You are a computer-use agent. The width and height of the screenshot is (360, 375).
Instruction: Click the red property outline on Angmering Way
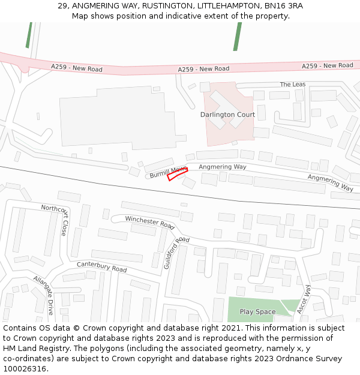pyautogui.click(x=177, y=175)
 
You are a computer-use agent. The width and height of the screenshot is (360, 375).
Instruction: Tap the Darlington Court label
pyautogui.click(x=227, y=115)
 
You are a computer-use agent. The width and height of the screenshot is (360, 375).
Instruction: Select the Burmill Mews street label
pyautogui.click(x=169, y=172)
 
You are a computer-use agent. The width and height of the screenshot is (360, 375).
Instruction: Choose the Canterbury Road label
pyautogui.click(x=101, y=267)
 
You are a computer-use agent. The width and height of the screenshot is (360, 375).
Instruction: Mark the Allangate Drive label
pyautogui.click(x=44, y=295)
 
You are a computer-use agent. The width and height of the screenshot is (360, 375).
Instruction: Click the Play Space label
pyautogui.click(x=257, y=312)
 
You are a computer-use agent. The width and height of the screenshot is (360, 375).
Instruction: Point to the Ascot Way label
pyautogui.click(x=304, y=299)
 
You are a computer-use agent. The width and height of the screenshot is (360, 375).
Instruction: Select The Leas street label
pyautogui.click(x=292, y=85)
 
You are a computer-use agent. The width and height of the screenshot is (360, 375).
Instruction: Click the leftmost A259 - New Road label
pyautogui.click(x=77, y=68)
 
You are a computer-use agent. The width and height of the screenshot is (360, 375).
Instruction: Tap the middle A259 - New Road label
pyautogui.click(x=203, y=70)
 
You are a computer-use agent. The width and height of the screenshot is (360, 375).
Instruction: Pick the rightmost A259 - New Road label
pyautogui.click(x=327, y=65)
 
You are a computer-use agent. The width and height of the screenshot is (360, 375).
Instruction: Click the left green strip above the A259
pyautogui.click(x=28, y=35)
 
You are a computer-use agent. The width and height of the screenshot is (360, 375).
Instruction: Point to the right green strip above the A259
pyautogui.click(x=237, y=36)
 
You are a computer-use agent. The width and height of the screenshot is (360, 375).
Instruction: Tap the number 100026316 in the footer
pyautogui.click(x=24, y=369)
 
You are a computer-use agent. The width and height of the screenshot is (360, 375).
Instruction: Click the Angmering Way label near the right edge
pyautogui.click(x=330, y=182)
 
